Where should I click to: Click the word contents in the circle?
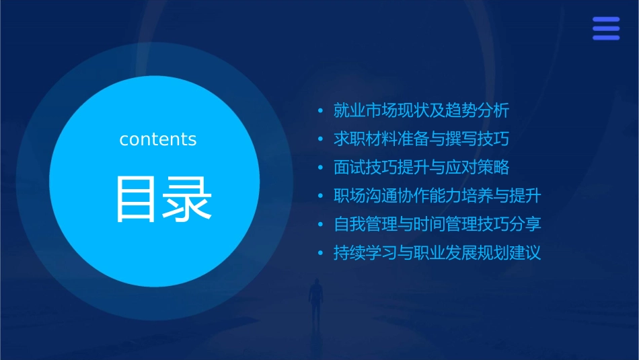[158, 139]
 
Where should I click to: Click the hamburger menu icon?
[606, 28]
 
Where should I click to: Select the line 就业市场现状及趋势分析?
[422, 110]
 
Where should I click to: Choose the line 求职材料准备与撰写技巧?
[422, 139]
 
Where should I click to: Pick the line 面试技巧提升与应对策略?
[422, 168]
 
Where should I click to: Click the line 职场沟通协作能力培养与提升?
[437, 196]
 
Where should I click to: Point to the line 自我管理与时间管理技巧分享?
[437, 225]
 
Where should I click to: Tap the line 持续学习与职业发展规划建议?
[437, 254]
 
